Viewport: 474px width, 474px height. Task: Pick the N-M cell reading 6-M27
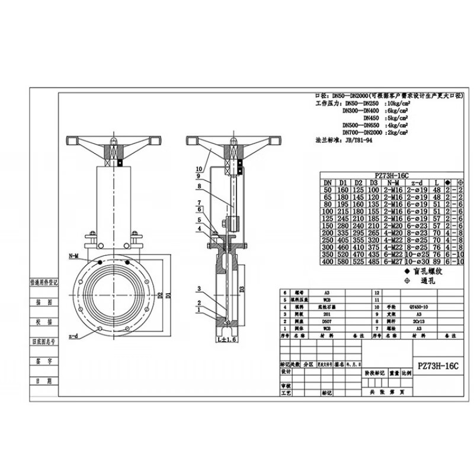(x=393, y=261)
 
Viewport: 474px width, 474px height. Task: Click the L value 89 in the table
(x=435, y=261)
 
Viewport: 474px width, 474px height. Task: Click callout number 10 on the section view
(x=199, y=168)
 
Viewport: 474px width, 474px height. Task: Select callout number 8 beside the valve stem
(x=199, y=185)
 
